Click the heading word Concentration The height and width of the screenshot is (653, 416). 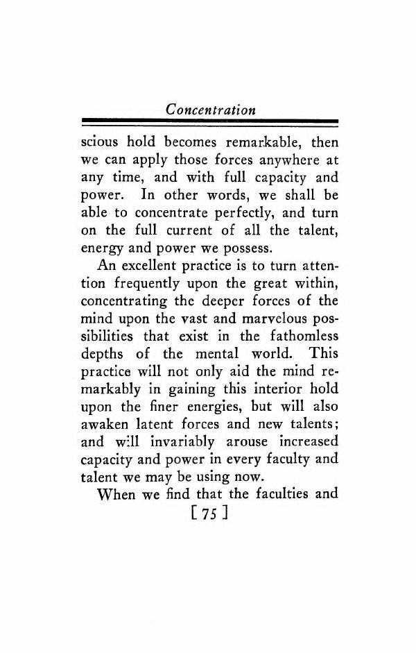click(x=208, y=110)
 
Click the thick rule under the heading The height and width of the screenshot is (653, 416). click(x=209, y=123)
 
